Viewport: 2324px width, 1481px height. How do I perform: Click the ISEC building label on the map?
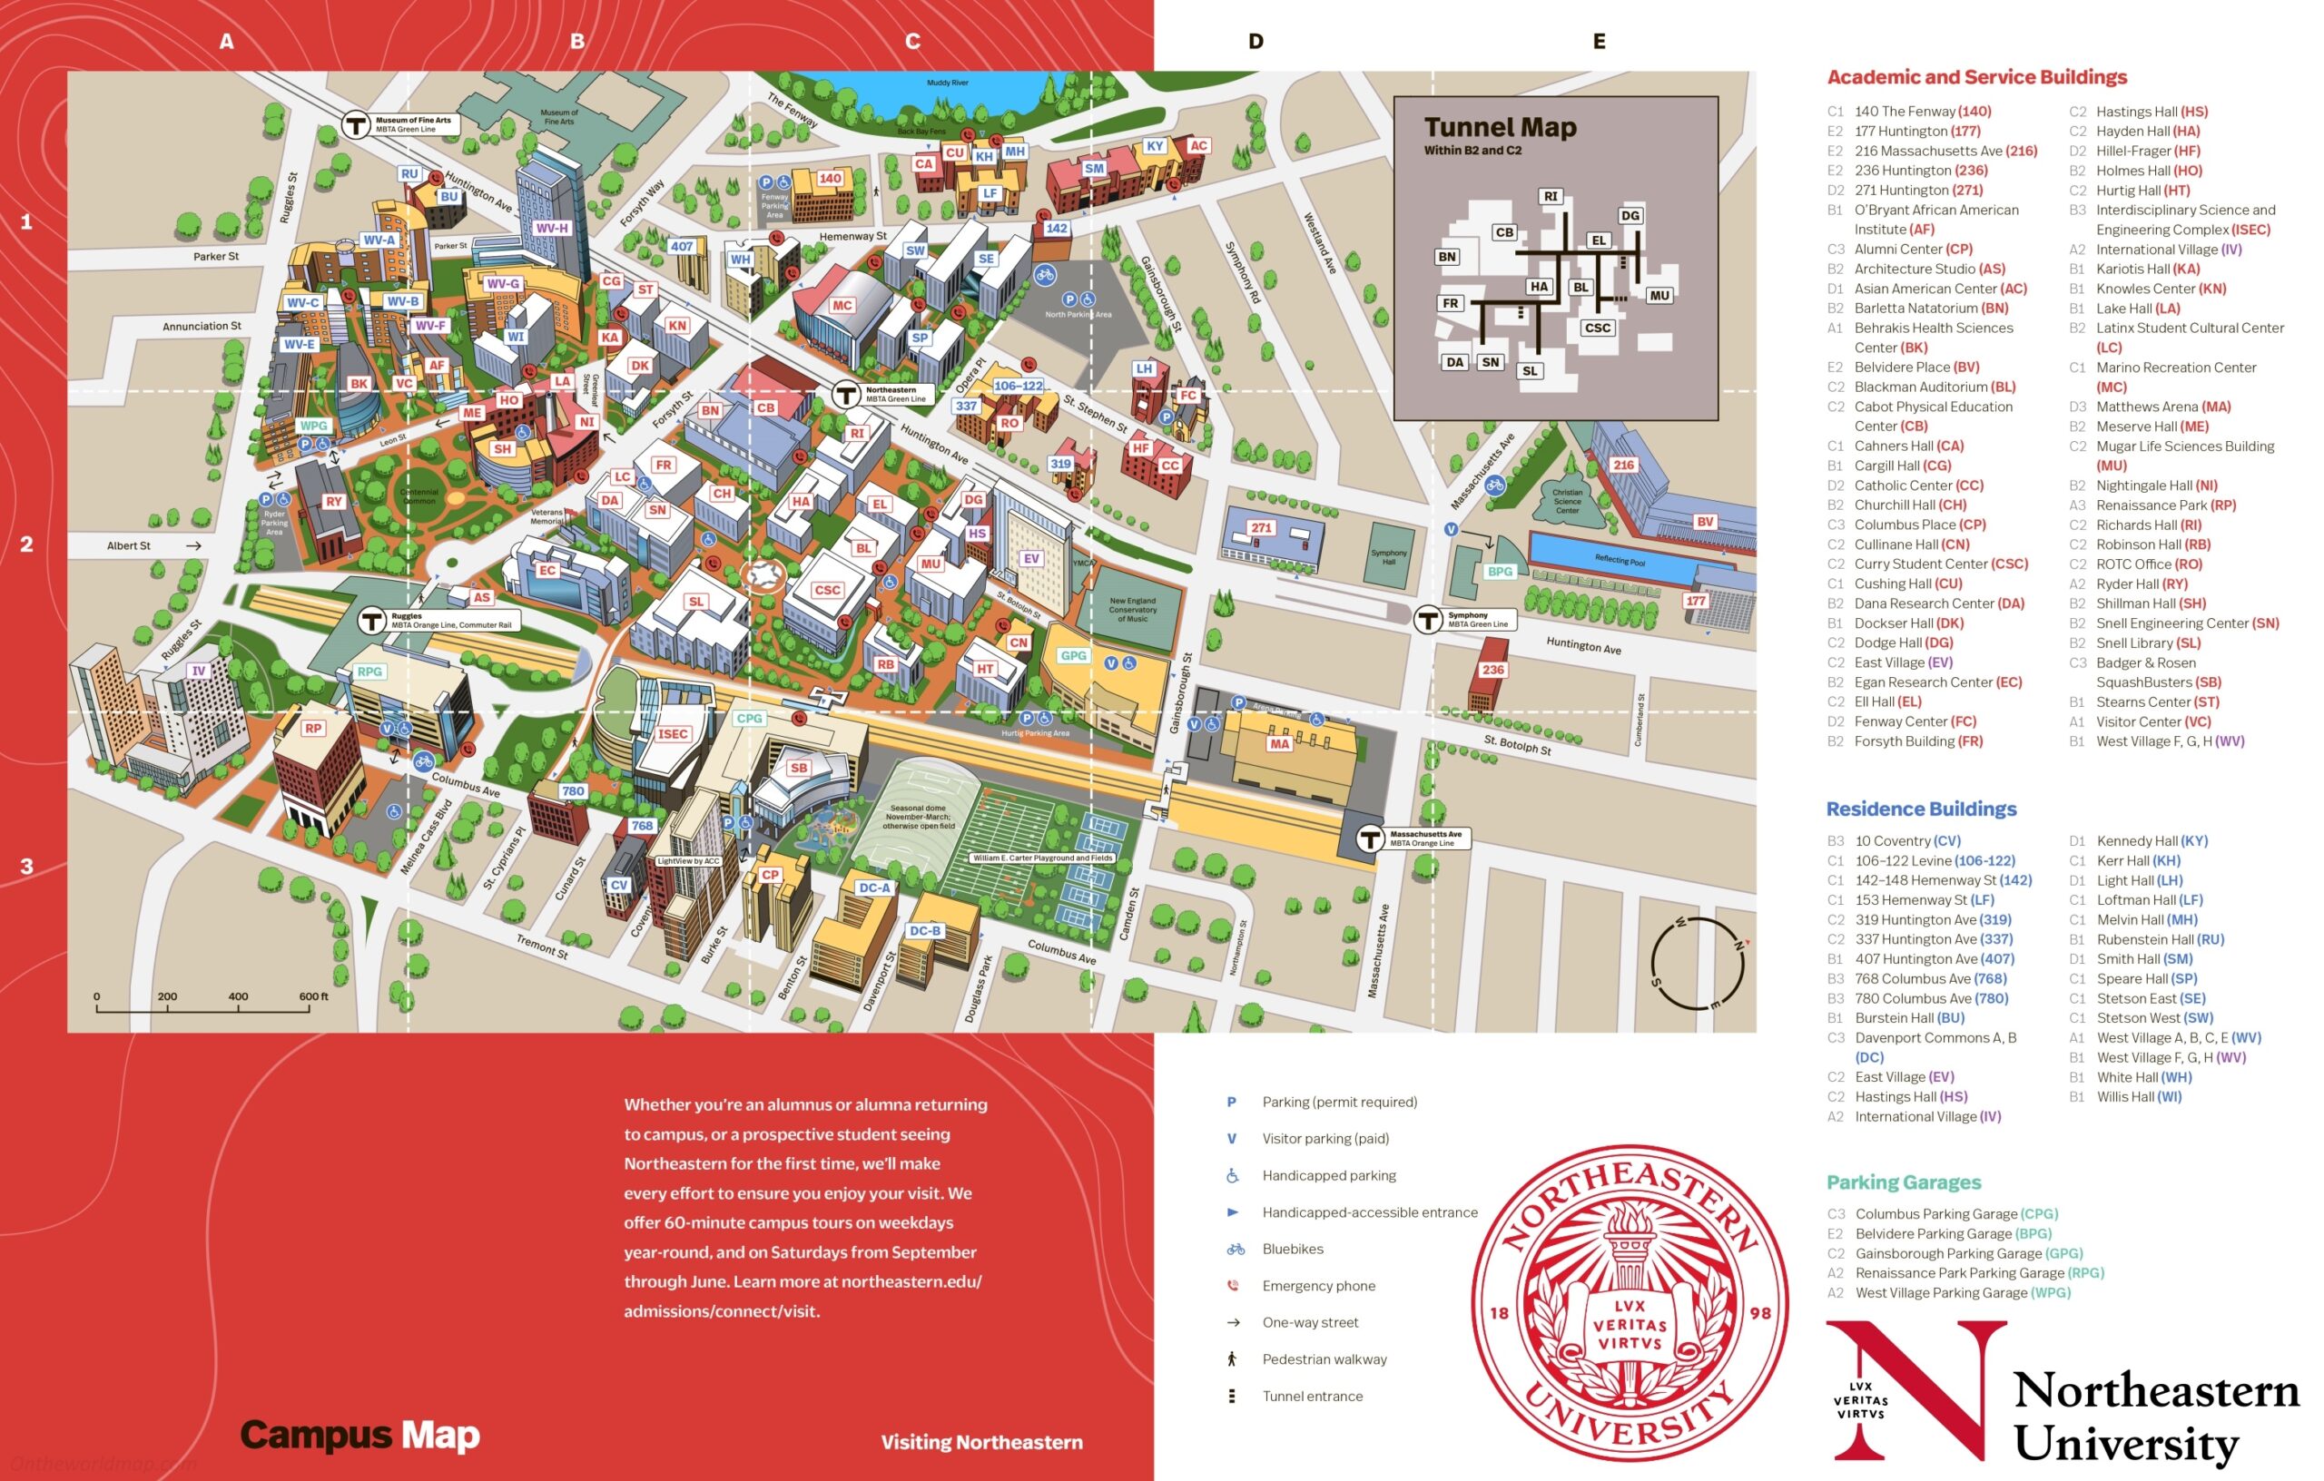pos(672,733)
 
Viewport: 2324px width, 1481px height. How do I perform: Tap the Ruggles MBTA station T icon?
pos(371,621)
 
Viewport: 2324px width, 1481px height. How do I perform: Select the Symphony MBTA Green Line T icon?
pos(1427,620)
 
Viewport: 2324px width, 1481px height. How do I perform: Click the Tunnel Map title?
pos(1500,127)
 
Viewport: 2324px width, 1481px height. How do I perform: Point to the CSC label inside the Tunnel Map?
pos(1597,328)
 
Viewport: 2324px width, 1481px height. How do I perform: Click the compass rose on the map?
pos(1698,964)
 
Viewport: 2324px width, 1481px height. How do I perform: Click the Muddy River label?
pos(947,83)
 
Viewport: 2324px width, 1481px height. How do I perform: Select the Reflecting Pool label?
pos(1620,560)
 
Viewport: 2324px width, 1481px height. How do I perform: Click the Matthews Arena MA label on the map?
pos(1279,744)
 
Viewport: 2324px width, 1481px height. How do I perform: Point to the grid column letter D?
pos(1256,42)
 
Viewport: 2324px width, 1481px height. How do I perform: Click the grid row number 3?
pos(27,867)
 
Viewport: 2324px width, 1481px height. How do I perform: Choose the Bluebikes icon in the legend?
pos(1235,1250)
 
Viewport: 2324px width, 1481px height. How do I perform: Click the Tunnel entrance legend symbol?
pos(1232,1396)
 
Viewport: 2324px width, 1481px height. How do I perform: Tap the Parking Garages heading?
pos(1903,1182)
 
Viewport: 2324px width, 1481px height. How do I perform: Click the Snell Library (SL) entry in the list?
pos(2149,642)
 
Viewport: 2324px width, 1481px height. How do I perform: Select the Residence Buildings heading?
pos(1921,809)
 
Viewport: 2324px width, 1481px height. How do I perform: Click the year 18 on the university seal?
pos(1499,1313)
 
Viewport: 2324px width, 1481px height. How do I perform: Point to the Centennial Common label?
pos(419,495)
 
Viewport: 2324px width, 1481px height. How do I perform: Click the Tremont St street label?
pos(541,946)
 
